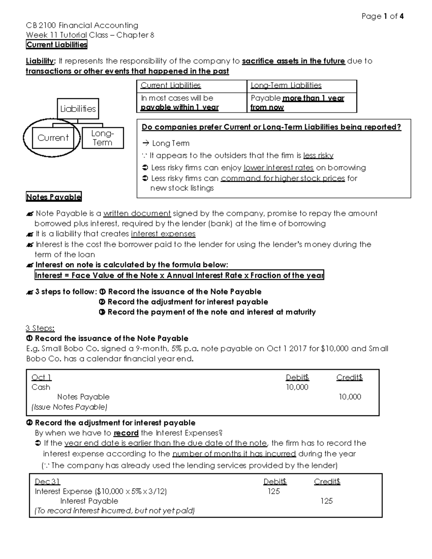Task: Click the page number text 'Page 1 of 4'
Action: (382, 16)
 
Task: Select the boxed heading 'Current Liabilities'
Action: (57, 45)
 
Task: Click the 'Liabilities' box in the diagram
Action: (78, 109)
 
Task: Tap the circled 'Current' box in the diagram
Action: (53, 138)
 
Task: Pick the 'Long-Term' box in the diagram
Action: (103, 138)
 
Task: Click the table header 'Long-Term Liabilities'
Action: (286, 86)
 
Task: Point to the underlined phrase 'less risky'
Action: (318, 155)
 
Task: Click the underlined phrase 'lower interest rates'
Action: (278, 168)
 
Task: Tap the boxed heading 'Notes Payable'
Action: (54, 197)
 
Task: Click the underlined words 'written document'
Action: (137, 213)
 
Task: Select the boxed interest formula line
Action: (179, 275)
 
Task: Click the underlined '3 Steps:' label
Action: (40, 328)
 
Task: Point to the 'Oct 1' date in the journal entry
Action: (41, 378)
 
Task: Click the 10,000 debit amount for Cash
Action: (297, 387)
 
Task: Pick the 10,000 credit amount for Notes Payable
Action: (350, 397)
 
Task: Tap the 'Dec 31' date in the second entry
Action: (47, 482)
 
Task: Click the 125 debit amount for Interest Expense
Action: (274, 492)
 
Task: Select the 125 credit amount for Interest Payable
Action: (327, 501)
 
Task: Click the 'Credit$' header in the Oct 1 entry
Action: (349, 378)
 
